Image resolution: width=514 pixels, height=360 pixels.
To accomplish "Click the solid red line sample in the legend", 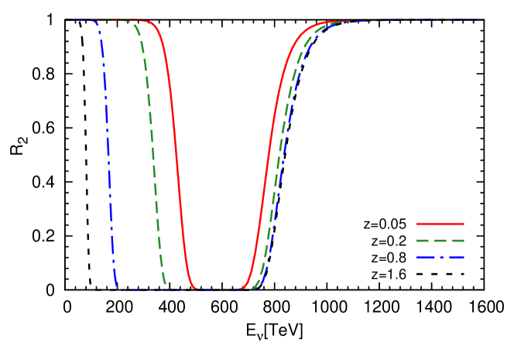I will pyautogui.click(x=440, y=224).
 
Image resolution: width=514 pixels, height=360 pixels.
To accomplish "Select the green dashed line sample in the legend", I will pyautogui.click(x=440, y=241).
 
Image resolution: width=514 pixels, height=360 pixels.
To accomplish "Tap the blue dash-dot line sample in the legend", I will pyautogui.click(x=440, y=257).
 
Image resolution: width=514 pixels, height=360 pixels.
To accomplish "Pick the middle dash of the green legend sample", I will pyautogui.click(x=440, y=241).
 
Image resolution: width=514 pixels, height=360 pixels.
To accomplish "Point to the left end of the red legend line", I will pyautogui.click(x=417, y=224).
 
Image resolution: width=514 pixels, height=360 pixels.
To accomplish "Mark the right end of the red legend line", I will pyautogui.click(x=464, y=224).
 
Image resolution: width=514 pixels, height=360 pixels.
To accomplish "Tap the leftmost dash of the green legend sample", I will pyautogui.click(x=423, y=241).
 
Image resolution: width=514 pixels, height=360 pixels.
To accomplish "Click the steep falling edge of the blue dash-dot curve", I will pyautogui.click(x=108, y=155).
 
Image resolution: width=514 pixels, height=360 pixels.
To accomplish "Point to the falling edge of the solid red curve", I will pyautogui.click(x=178, y=155).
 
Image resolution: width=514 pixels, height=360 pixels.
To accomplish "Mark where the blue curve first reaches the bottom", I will pyautogui.click(x=118, y=288).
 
